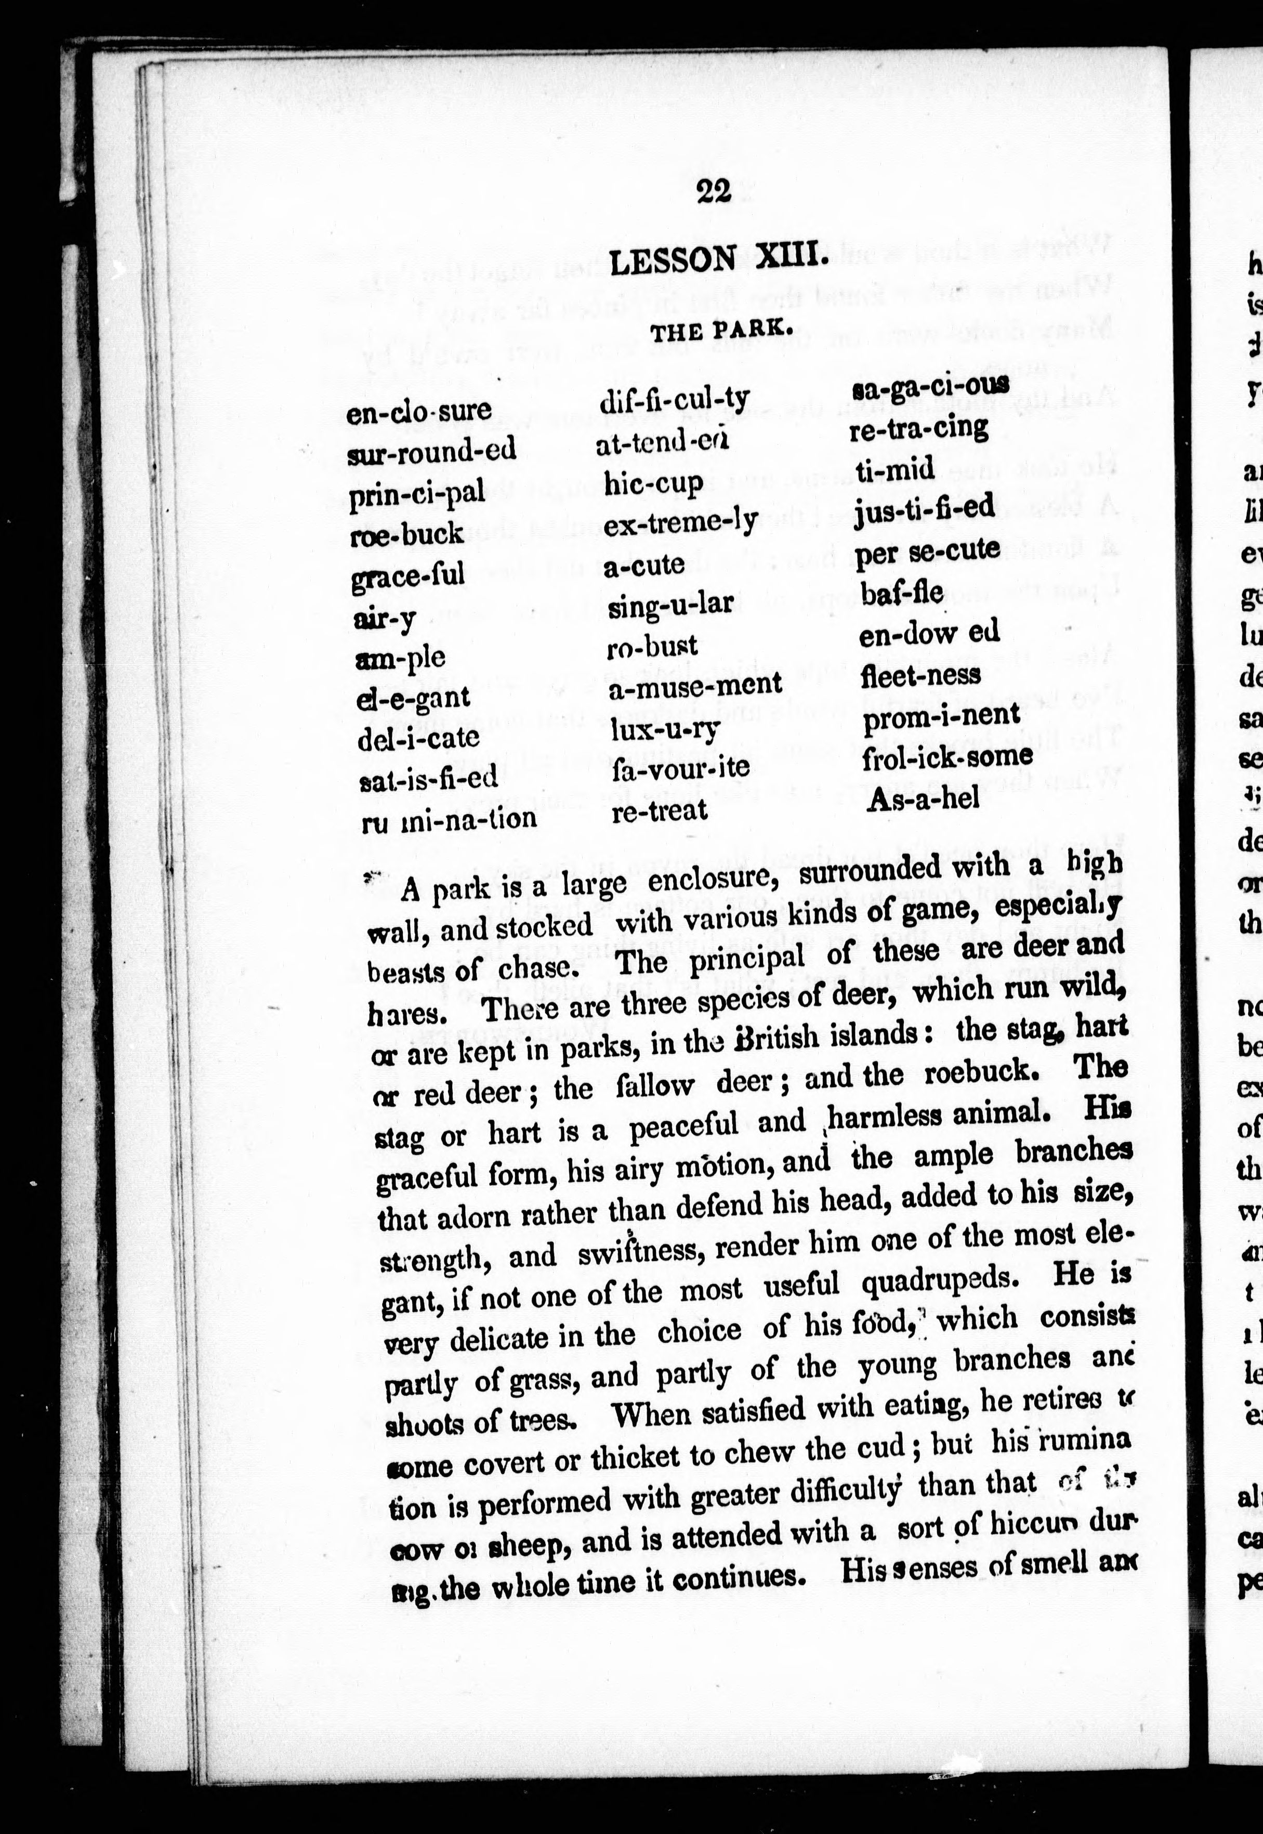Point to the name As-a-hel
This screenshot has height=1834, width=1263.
click(924, 798)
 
